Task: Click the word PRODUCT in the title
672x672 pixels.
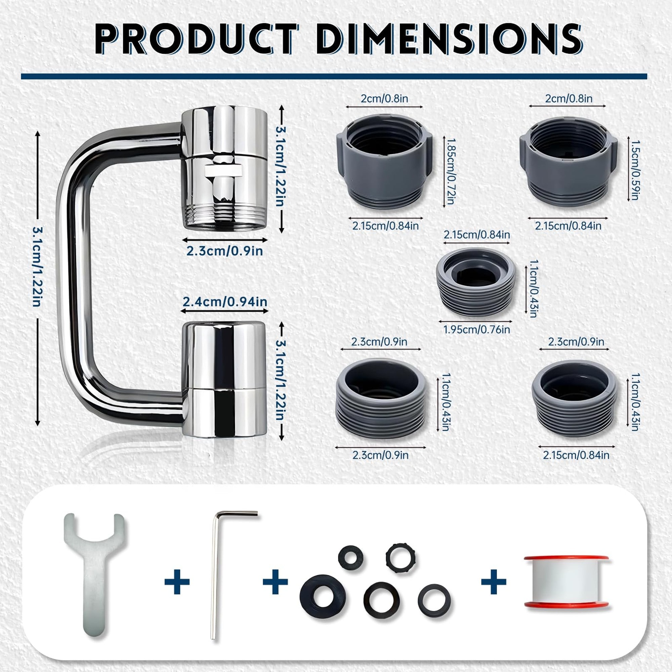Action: click(x=197, y=39)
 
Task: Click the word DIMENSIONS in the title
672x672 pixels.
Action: click(x=449, y=39)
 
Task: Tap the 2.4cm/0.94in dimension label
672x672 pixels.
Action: click(x=225, y=302)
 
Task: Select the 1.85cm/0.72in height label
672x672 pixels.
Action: click(x=451, y=171)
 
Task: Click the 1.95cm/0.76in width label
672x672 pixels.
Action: click(x=477, y=329)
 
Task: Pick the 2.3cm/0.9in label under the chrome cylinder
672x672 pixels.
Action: click(x=225, y=251)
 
